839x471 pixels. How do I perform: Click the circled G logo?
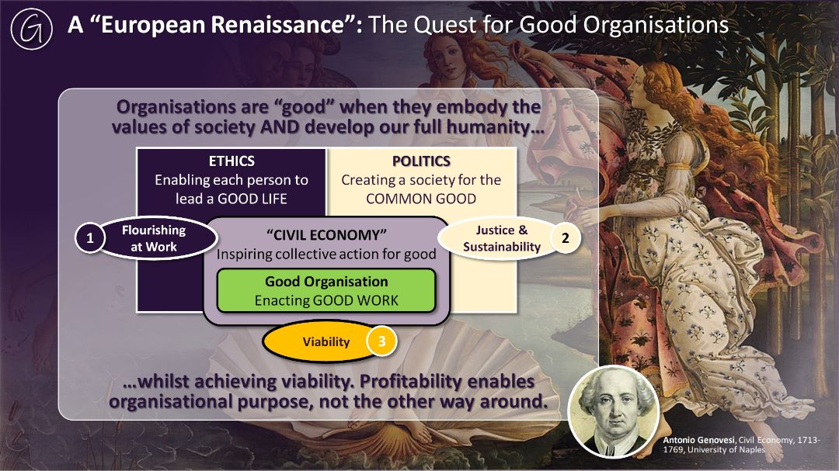pos(32,29)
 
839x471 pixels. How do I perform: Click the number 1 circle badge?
pos(89,238)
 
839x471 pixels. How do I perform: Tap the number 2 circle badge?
pos(565,238)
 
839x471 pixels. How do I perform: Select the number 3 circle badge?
pos(381,341)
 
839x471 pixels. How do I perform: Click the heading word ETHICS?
pos(232,161)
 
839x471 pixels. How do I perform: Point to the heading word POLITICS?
pos(421,161)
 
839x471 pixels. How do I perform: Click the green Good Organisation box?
pos(326,290)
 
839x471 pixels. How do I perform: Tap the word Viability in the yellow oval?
pos(326,341)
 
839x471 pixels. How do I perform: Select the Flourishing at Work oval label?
pos(154,238)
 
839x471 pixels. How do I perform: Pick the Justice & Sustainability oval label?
pos(501,238)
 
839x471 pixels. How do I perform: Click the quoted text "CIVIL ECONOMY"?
pos(326,234)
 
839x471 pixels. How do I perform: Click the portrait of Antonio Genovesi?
pos(613,412)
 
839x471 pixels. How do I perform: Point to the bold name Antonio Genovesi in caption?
pos(699,440)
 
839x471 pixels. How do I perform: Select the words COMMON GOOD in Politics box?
pos(421,199)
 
